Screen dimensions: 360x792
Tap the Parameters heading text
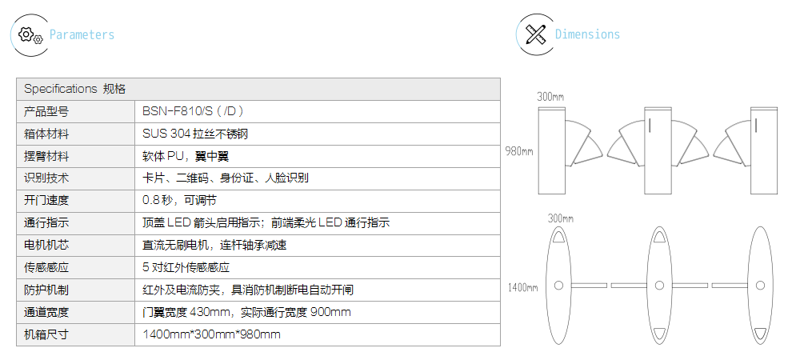point(82,34)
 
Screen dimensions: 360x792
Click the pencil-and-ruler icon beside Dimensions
point(536,34)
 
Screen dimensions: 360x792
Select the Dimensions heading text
point(587,34)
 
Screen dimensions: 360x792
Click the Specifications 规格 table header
point(74,89)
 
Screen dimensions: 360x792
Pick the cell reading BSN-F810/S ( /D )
point(192,111)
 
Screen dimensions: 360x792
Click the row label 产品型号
point(46,111)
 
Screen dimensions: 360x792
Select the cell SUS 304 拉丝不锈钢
point(201,134)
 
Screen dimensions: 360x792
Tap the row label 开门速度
point(46,200)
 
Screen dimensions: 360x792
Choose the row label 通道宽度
point(46,312)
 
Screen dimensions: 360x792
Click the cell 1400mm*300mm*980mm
point(212,334)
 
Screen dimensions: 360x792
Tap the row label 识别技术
point(46,178)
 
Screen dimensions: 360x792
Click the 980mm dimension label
point(519,150)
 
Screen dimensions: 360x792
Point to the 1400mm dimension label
point(522,286)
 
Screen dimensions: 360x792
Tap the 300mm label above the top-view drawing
point(561,218)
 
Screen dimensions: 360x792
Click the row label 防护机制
point(46,290)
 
